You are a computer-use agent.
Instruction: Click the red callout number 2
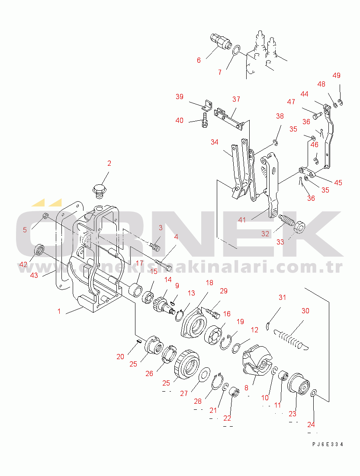(109, 163)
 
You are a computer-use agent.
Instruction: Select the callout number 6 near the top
(199, 60)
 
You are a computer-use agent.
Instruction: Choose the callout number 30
(305, 311)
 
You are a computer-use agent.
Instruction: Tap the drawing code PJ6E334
(328, 444)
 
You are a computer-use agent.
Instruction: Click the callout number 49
(337, 75)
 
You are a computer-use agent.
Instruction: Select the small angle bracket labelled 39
(207, 105)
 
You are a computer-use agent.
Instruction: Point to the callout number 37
(236, 99)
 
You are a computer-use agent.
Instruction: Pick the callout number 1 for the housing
(59, 311)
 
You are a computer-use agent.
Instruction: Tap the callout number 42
(23, 264)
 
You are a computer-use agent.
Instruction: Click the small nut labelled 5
(45, 216)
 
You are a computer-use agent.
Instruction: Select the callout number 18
(209, 283)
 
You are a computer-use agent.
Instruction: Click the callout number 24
(311, 425)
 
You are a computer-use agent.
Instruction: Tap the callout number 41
(242, 220)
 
